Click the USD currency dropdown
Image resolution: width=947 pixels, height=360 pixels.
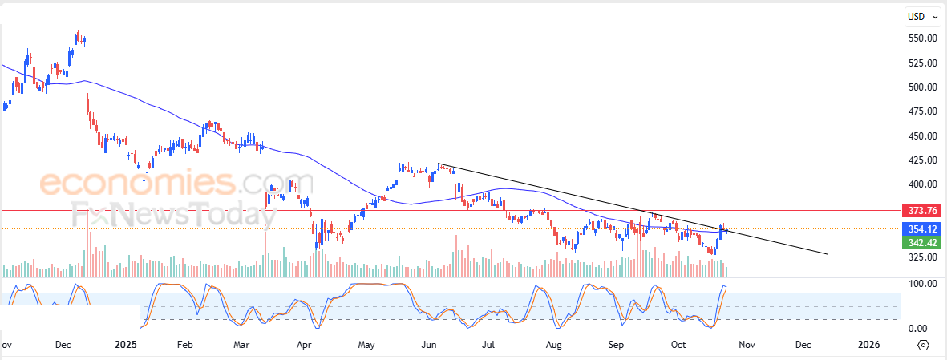click(921, 16)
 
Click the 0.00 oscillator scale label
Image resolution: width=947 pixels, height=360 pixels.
click(918, 329)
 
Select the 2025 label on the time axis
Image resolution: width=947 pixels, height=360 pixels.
click(127, 345)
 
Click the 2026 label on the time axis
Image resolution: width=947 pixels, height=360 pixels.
click(868, 345)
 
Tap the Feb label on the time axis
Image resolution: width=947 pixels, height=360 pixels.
click(185, 345)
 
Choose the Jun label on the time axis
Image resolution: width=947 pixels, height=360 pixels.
click(429, 345)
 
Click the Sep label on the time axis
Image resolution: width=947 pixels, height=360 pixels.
click(616, 345)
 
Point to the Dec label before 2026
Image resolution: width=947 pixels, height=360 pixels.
click(803, 345)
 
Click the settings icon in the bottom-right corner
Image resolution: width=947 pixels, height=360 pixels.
click(923, 345)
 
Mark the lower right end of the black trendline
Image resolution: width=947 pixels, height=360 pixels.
click(827, 254)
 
